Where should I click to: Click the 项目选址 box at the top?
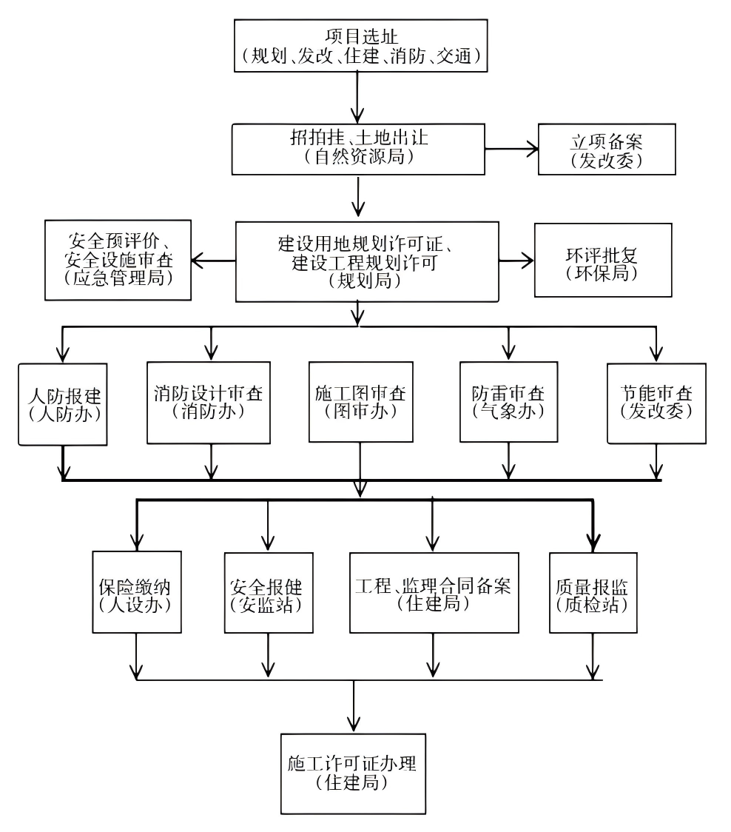coord(361,45)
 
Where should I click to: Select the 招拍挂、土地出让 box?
coord(358,148)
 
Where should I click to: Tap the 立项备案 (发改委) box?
coord(607,150)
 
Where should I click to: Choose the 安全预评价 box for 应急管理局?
coord(118,260)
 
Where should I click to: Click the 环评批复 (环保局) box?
coord(603,261)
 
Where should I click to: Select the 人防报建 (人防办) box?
coord(64,403)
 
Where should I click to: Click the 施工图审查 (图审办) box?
coord(360,403)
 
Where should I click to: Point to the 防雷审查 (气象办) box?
coord(508,403)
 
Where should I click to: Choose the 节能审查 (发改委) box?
coord(656,403)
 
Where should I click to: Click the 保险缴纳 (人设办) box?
coord(137,592)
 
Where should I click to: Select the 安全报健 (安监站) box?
coord(267,592)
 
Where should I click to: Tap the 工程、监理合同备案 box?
coord(434,592)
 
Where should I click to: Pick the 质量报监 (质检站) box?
coord(593,592)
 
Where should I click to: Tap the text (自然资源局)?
coord(358,157)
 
